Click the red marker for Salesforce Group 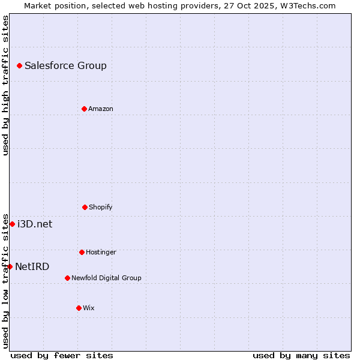coord(19,65)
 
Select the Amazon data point coord(84,109)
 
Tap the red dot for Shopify coord(85,207)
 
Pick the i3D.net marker coord(12,224)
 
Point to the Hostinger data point coord(82,252)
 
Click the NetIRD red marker coord(10,266)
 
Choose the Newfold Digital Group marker coord(67,278)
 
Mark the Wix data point coord(79,308)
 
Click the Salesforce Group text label coord(65,65)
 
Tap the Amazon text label coord(101,109)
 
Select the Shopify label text coord(101,207)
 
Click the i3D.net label coord(35,224)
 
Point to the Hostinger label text coord(101,252)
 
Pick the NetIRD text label coord(32,266)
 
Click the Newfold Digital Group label coord(106,278)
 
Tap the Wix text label coord(89,308)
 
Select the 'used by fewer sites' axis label coord(62,355)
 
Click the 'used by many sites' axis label coord(301,355)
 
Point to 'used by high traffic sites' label coord(5,85)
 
